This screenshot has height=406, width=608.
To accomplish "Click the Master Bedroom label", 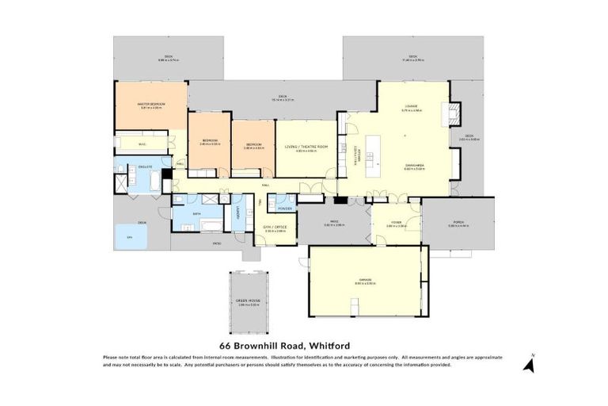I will [150, 103].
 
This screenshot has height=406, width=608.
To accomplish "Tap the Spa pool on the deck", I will [129, 236].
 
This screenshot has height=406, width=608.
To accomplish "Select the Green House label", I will [248, 301].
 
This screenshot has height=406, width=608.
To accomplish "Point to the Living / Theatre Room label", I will [306, 147].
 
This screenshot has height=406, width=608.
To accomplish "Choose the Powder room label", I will [283, 208].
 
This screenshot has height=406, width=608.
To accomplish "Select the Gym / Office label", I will [275, 228].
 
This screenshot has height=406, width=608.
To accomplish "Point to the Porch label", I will [458, 224].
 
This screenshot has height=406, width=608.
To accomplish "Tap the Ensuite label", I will [145, 167].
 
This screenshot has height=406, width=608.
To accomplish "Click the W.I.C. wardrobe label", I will [142, 144].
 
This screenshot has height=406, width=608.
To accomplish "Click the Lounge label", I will [412, 105].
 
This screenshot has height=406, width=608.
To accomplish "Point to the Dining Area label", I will [414, 165].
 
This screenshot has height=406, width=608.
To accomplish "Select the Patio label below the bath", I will [216, 243].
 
